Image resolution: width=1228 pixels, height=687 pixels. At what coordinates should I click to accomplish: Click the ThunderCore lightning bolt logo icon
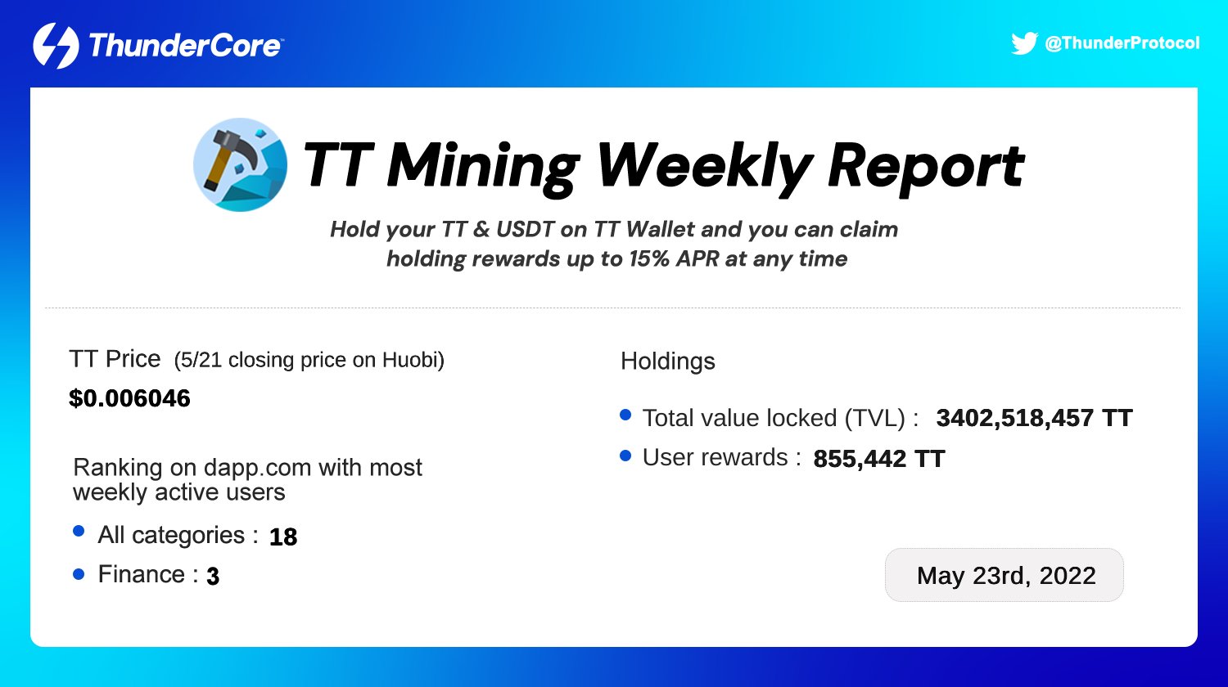[x=56, y=46]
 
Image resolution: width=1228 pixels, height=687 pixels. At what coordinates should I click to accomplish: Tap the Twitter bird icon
[x=1024, y=43]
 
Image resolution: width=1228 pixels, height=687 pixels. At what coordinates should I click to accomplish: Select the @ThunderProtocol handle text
[x=1122, y=43]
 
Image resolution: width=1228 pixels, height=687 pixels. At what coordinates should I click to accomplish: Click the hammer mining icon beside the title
[x=240, y=165]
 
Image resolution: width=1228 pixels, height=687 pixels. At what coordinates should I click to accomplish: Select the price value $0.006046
[x=129, y=398]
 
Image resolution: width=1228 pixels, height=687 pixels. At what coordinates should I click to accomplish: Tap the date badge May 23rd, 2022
[x=1005, y=575]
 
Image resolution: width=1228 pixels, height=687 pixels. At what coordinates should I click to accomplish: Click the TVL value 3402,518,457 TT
[x=1034, y=418]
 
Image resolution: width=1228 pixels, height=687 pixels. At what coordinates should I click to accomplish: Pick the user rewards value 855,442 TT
[x=878, y=459]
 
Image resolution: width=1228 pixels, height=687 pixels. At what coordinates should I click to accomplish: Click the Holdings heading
[x=667, y=361]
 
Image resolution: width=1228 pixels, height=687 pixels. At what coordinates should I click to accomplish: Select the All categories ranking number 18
[x=283, y=537]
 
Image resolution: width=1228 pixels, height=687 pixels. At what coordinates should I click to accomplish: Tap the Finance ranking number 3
[x=213, y=577]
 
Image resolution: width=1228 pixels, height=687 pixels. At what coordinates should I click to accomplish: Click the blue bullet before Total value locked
[x=625, y=415]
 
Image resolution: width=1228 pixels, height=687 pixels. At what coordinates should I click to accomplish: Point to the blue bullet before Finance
[x=79, y=574]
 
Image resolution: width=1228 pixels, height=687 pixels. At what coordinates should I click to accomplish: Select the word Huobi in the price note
[x=413, y=361]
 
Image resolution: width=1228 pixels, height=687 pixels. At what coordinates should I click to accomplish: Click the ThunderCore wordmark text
[x=184, y=46]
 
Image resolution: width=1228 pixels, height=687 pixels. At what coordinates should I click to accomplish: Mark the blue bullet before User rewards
[x=625, y=456]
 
